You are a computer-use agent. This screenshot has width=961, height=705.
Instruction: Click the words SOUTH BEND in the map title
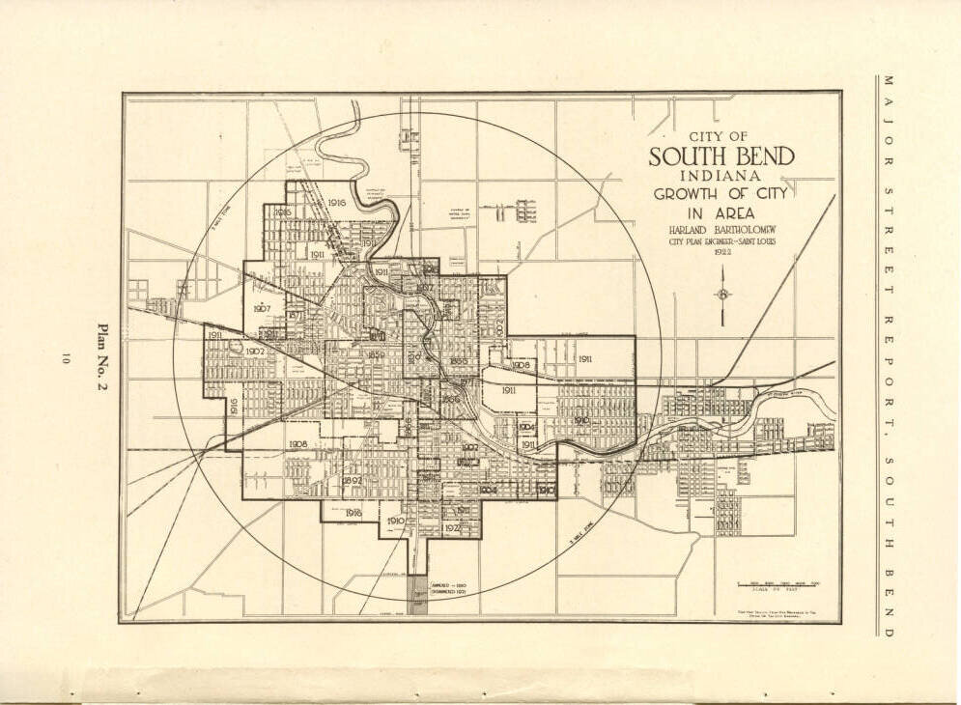pos(721,156)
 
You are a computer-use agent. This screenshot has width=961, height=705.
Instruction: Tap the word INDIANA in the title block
pos(721,176)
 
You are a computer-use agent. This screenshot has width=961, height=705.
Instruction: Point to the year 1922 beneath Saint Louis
pos(721,252)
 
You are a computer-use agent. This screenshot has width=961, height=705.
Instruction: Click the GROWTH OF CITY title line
pos(721,193)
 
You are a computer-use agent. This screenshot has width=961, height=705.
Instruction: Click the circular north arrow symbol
pos(722,295)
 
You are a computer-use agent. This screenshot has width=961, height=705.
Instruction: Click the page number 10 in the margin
pos(65,358)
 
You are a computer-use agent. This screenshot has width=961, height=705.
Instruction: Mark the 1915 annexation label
pos(283,212)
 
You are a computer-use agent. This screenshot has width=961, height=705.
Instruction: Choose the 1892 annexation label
pos(353,480)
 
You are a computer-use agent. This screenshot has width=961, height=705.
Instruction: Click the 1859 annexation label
pos(377,355)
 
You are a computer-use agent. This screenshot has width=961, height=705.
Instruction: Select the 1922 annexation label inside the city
pos(454,529)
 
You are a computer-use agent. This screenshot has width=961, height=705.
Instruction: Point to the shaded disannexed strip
pos(417,595)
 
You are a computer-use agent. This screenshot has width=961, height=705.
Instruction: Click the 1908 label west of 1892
pos(298,444)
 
